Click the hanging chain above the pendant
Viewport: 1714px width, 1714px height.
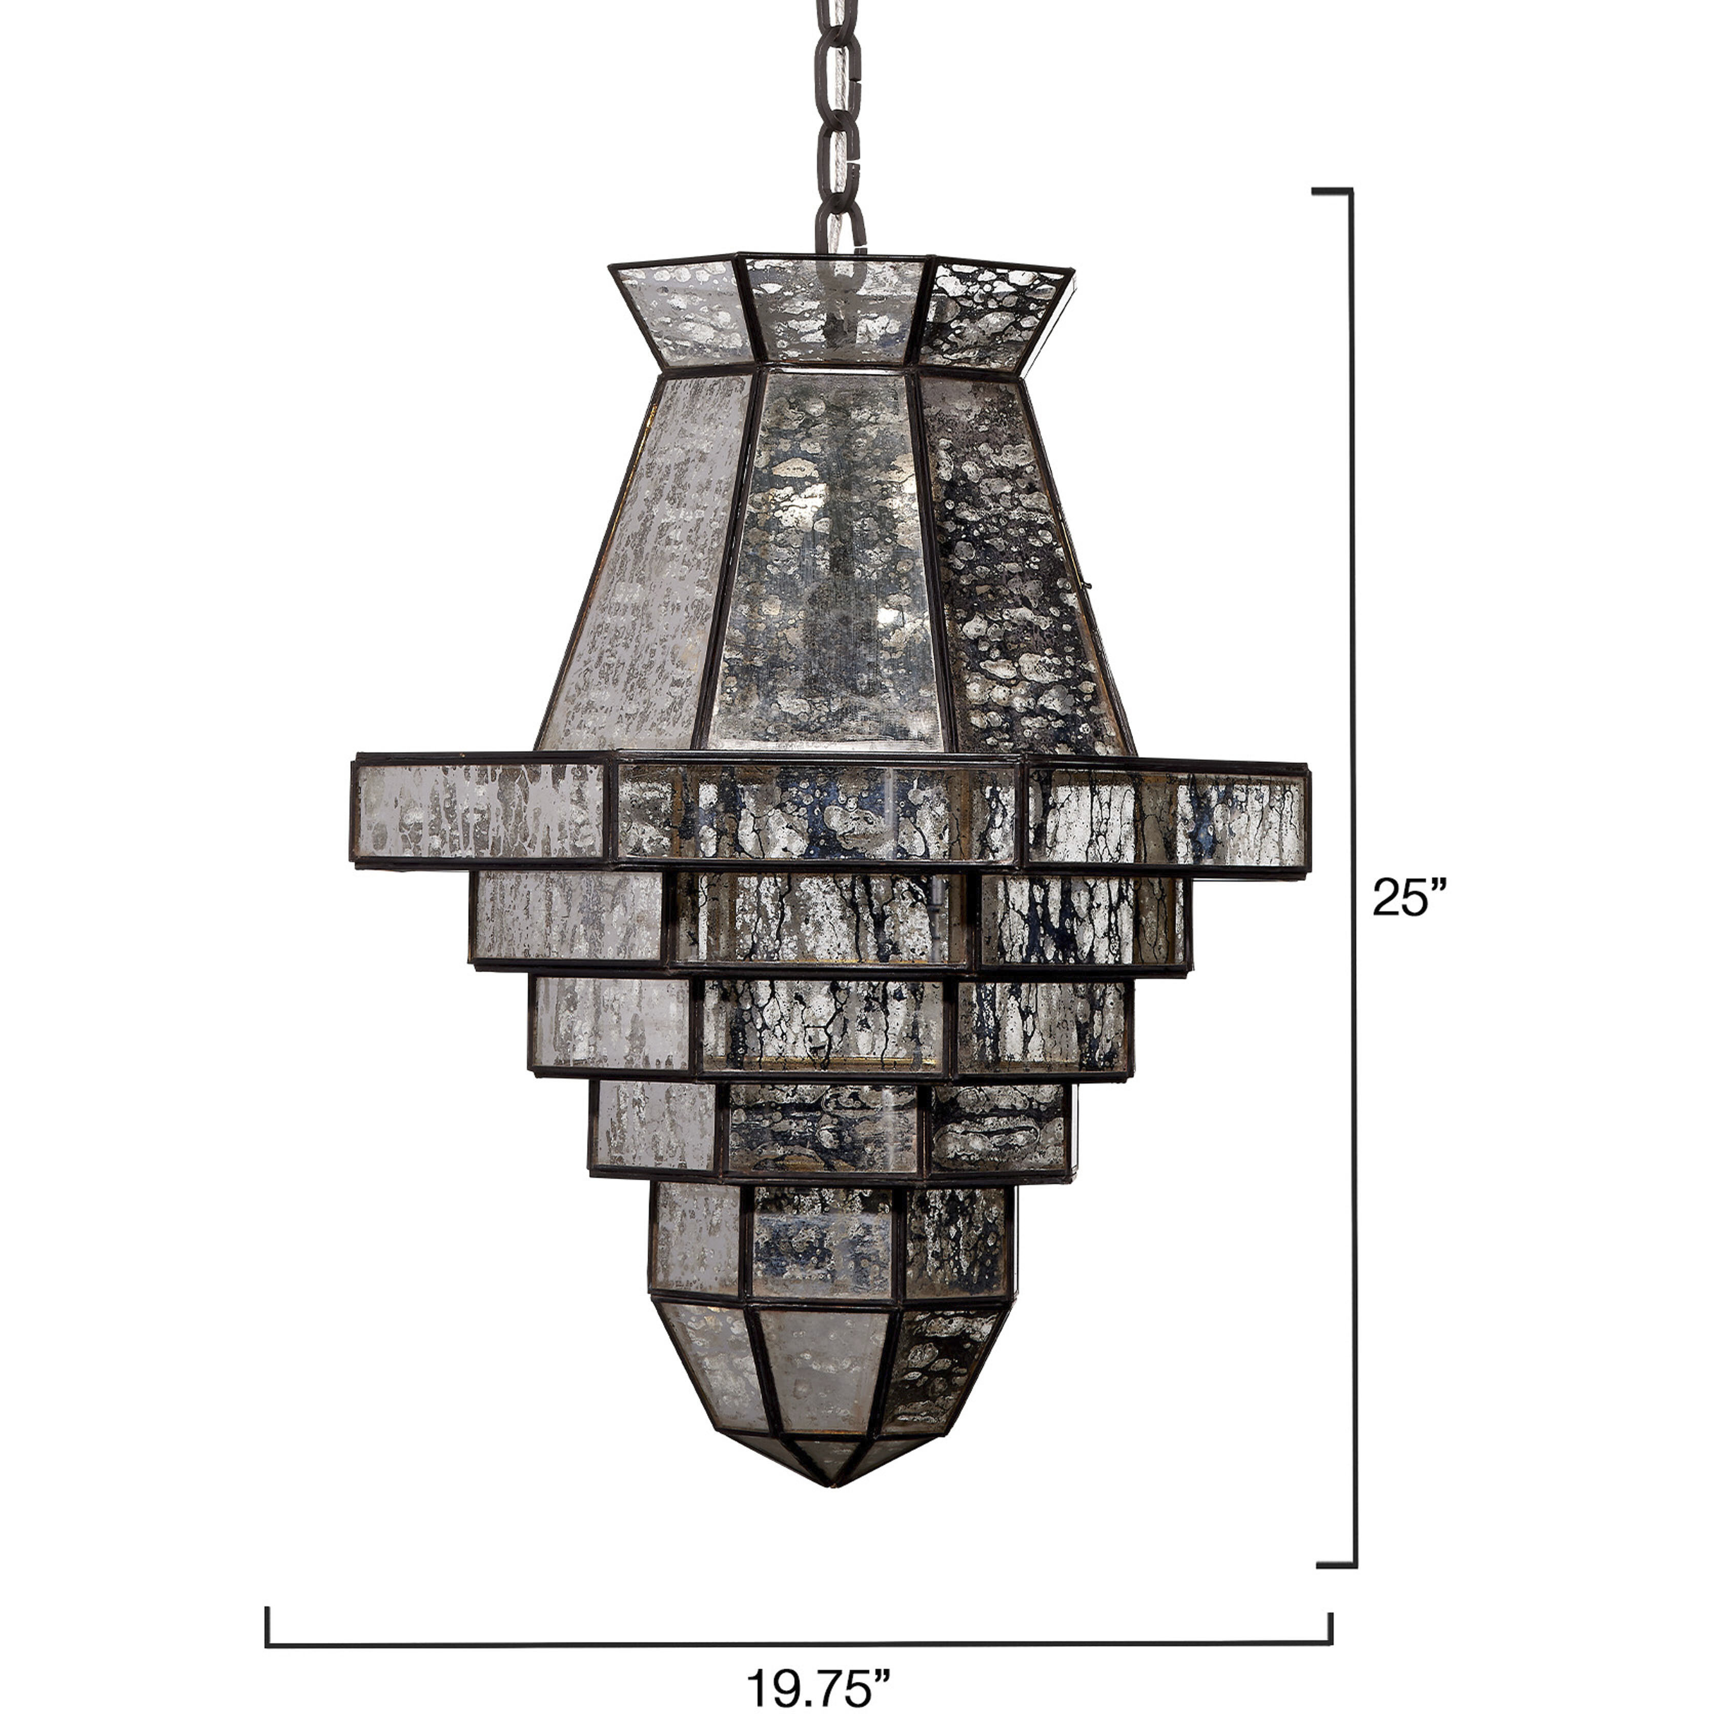[839, 124]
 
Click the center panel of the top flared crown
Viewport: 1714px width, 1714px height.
[834, 311]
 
